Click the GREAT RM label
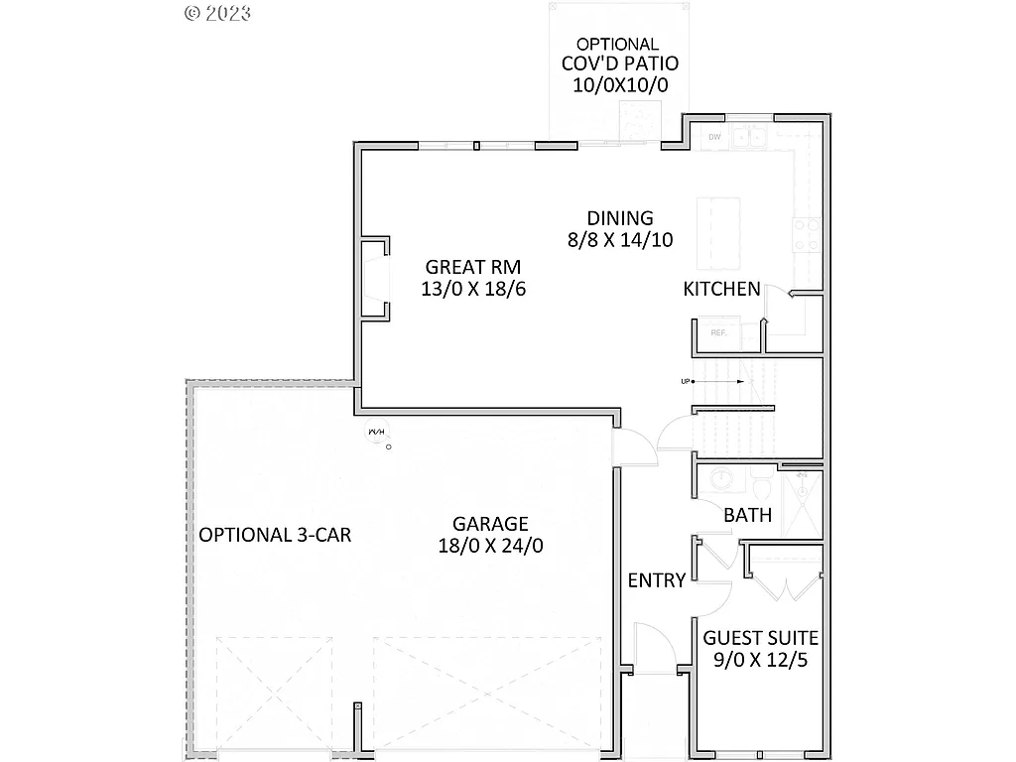point(472,267)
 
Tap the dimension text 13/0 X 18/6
point(472,289)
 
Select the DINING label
point(619,218)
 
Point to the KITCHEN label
point(721,290)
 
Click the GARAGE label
point(490,524)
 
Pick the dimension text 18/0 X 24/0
point(490,546)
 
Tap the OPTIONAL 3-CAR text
point(275,535)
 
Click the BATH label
point(748,516)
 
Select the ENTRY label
point(656,580)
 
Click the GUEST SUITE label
point(760,638)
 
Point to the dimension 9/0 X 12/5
point(760,660)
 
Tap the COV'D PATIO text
point(620,64)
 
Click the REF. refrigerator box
point(720,334)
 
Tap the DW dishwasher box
point(714,137)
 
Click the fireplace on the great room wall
point(375,279)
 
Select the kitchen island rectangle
point(719,233)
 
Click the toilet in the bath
point(762,488)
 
